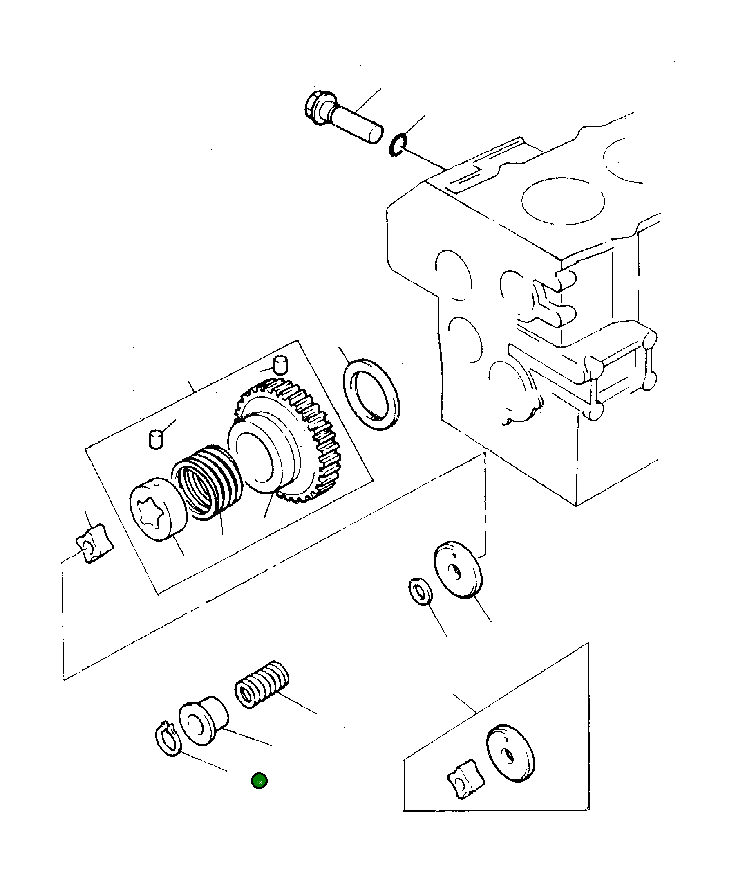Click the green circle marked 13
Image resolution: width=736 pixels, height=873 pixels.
click(259, 781)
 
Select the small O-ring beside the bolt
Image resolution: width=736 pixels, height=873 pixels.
click(397, 145)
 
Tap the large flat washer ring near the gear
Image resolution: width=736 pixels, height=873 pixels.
click(371, 393)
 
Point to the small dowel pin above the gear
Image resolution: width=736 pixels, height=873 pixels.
click(280, 365)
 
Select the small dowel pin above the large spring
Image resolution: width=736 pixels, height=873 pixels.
click(156, 440)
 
